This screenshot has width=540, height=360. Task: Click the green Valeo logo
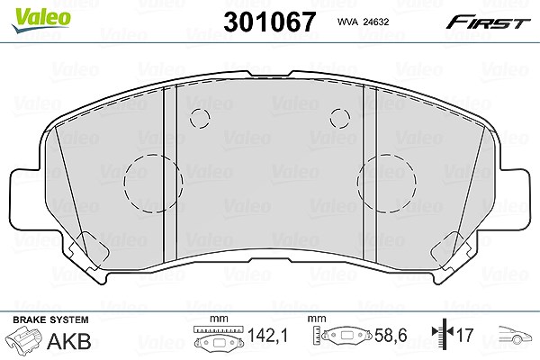click(40, 20)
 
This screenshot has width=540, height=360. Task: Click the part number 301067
click(270, 22)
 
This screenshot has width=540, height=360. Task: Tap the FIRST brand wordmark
click(488, 22)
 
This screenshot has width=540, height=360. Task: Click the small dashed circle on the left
click(200, 119)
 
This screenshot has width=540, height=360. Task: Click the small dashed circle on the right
click(340, 119)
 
